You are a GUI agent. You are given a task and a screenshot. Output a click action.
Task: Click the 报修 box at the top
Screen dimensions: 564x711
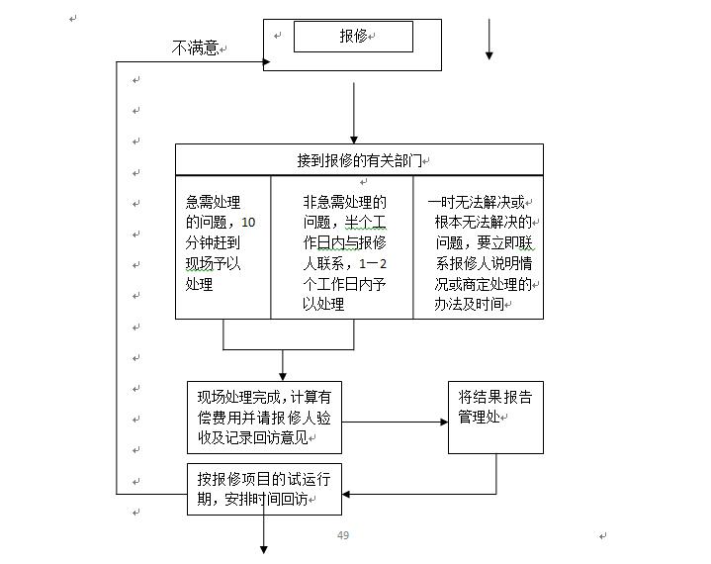353,37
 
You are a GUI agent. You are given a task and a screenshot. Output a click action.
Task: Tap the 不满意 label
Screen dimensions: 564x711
195,47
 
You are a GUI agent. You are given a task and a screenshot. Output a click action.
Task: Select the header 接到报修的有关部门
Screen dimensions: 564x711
359,159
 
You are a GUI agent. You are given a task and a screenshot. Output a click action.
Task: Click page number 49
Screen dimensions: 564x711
343,535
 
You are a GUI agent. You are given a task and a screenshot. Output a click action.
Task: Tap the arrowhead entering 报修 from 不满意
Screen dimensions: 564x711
267,62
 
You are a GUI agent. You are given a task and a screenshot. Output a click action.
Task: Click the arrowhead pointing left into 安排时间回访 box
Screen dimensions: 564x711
346,493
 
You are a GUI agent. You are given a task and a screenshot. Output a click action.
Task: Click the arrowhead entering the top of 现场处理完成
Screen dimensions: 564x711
283,376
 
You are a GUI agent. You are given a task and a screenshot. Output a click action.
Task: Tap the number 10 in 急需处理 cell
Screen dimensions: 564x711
248,223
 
